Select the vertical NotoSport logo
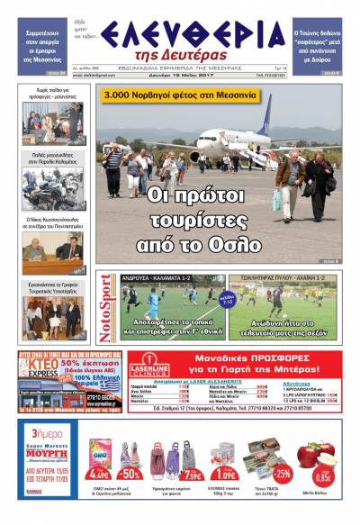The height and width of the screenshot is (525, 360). (107, 308)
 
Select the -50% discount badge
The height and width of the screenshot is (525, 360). (130, 475)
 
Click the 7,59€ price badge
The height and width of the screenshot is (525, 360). (192, 475)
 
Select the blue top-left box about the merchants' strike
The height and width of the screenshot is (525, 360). (42, 41)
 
